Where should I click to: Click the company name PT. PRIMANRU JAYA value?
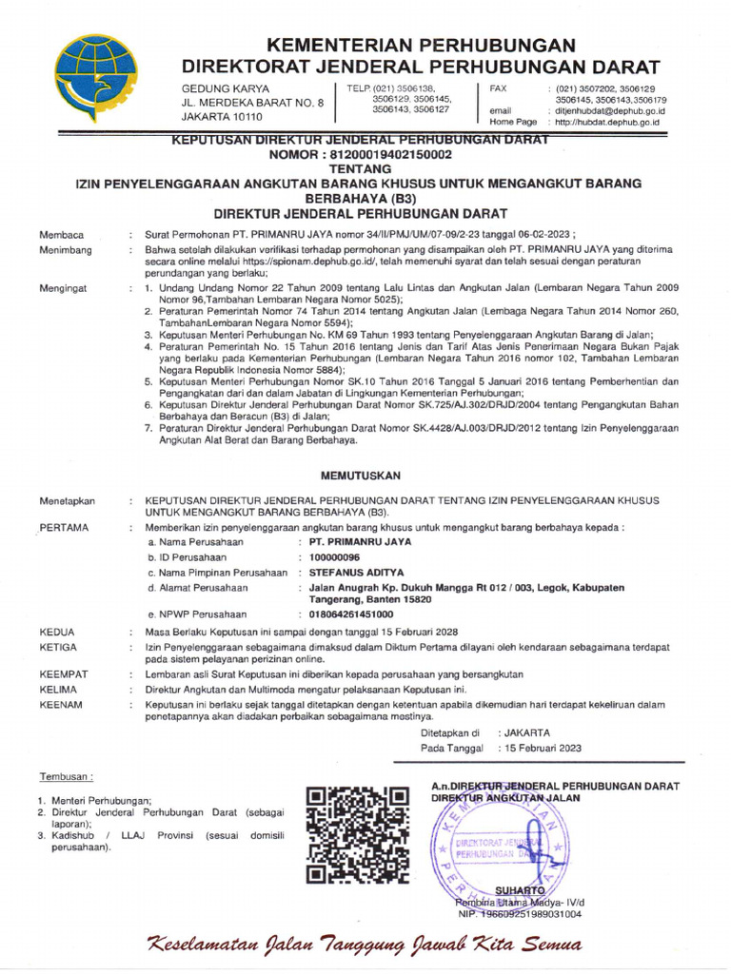click(x=360, y=541)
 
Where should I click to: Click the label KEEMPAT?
click(x=64, y=673)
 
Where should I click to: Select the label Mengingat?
click(x=64, y=286)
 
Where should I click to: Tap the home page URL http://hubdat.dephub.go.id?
click(x=607, y=122)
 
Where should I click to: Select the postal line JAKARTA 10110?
click(x=221, y=116)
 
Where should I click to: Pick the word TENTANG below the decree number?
click(x=360, y=167)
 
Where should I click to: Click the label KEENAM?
click(x=62, y=704)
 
